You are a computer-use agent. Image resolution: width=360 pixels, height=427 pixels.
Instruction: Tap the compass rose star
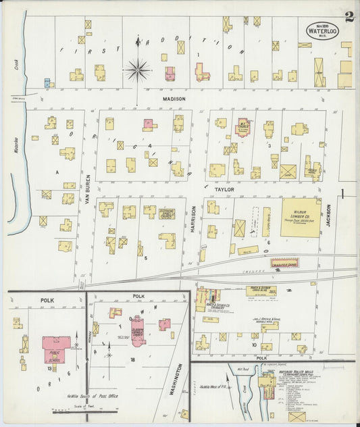click(137, 68)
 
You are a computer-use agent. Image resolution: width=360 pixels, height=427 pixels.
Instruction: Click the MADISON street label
click(174, 99)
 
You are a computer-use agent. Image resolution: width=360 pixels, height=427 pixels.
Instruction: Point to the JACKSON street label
click(330, 217)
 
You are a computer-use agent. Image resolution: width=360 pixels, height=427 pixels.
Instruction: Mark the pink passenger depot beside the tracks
click(284, 263)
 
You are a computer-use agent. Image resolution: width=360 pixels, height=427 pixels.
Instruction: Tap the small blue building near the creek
click(47, 83)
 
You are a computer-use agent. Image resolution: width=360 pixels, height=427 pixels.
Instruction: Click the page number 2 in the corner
click(349, 17)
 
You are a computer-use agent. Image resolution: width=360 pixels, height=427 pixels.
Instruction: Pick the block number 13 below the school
click(50, 369)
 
